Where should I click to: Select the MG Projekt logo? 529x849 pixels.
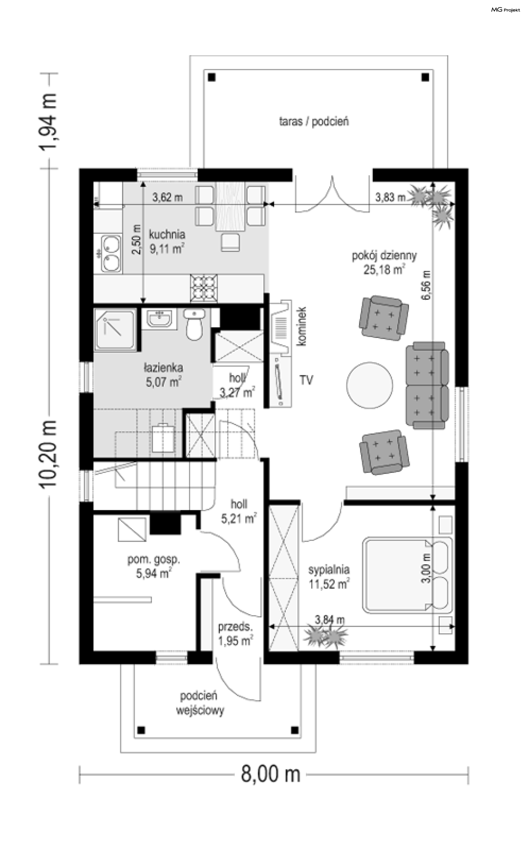point(506,10)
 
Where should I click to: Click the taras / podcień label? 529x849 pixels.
point(314,122)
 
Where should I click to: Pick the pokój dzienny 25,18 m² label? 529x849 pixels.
point(384,262)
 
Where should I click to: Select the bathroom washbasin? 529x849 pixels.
point(160,318)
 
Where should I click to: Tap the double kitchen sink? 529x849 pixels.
point(111,254)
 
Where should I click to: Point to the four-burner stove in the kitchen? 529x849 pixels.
point(204,288)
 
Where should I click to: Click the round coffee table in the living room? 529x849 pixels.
point(369,385)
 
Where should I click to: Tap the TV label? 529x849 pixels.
point(306,380)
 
